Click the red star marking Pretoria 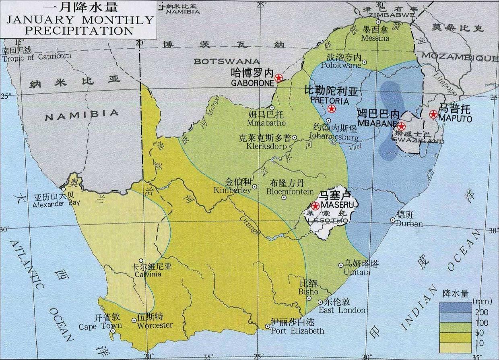pyautogui.click(x=332, y=108)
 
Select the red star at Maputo pyautogui.click(x=433, y=114)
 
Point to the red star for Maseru pyautogui.click(x=315, y=206)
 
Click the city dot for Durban pyautogui.click(x=393, y=220)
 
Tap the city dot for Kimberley pyautogui.click(x=255, y=186)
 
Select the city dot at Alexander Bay pyautogui.click(x=63, y=189)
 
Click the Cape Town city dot pyautogui.click(x=113, y=331)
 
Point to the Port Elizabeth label pyautogui.click(x=297, y=331)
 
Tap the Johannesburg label pyautogui.click(x=334, y=137)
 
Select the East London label pyautogui.click(x=342, y=310)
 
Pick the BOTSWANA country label pyautogui.click(x=227, y=61)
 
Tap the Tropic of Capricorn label pyautogui.click(x=36, y=56)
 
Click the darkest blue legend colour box pyautogui.click(x=455, y=307)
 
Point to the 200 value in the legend pyautogui.click(x=482, y=313)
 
